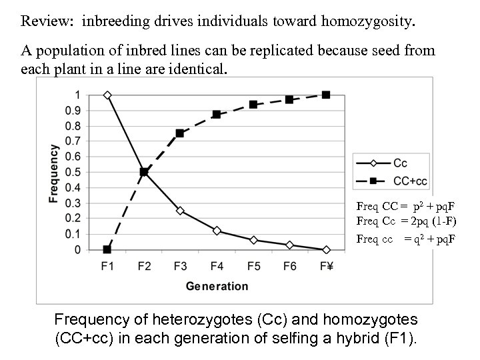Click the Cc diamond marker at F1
107,95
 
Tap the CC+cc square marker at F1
107,249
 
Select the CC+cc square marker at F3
180,133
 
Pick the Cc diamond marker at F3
180,211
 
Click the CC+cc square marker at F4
217,115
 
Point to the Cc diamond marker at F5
253,240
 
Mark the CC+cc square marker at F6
289,99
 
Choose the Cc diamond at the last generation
326,249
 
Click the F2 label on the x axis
144,266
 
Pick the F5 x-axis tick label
253,266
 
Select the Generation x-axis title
217,287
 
